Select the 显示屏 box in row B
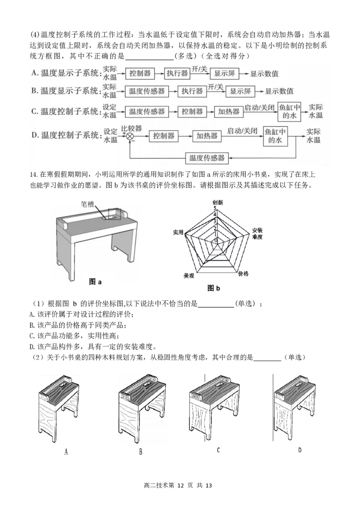[240, 91]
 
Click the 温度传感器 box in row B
[146, 91]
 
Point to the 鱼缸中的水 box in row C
[288, 111]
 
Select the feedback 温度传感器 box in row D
[207, 158]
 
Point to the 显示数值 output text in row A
[265, 73]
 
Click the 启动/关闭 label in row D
[242, 131]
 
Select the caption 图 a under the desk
[95, 282]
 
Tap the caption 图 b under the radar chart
[214, 288]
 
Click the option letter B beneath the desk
[141, 452]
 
